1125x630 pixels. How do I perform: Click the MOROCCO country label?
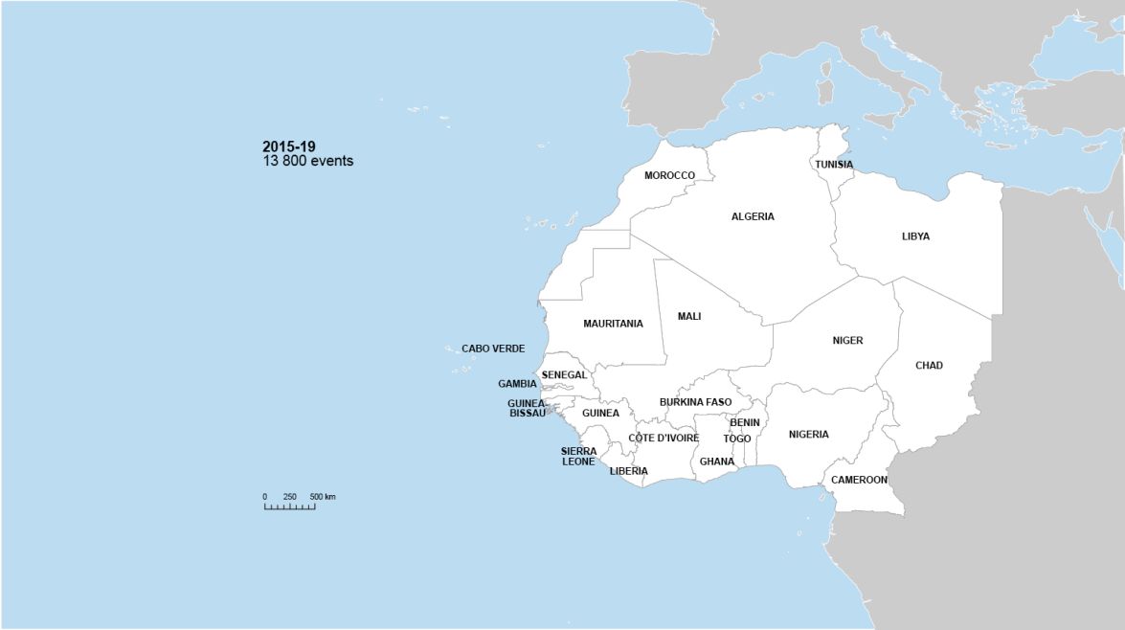click(x=669, y=175)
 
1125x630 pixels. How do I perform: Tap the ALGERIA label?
click(x=753, y=216)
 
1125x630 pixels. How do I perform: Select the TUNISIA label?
click(x=834, y=165)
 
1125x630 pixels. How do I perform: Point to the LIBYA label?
click(x=915, y=236)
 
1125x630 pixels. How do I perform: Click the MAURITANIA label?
click(x=613, y=324)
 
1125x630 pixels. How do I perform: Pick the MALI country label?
click(x=689, y=316)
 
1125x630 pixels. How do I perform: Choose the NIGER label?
click(x=847, y=340)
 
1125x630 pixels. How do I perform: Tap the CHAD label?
click(x=929, y=365)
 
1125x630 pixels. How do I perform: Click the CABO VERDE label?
click(x=493, y=349)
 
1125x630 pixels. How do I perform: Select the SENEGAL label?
click(x=564, y=374)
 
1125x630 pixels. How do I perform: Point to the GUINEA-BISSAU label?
click(x=527, y=409)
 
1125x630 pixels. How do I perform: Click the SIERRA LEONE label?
click(x=578, y=456)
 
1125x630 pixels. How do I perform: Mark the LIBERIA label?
click(x=628, y=471)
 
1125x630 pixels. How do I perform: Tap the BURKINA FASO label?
click(x=695, y=402)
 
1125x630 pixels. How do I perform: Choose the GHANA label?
click(x=717, y=461)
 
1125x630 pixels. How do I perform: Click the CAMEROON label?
click(x=859, y=480)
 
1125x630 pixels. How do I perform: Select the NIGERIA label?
click(x=809, y=435)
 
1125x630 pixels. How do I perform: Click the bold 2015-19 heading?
click(x=289, y=146)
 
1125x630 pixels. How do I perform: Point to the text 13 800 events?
click(x=308, y=161)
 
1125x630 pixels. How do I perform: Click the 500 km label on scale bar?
click(x=323, y=497)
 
